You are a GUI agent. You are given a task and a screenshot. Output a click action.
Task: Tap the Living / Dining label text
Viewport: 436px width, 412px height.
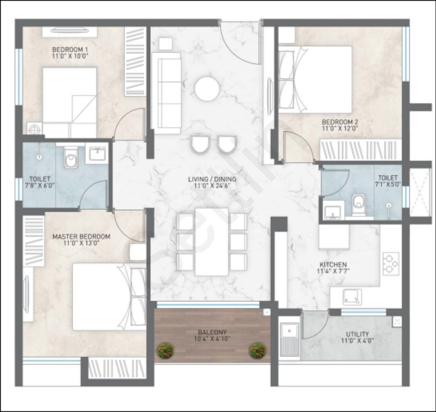coord(212,179)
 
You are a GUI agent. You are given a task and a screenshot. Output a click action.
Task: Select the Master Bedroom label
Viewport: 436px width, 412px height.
coord(81,236)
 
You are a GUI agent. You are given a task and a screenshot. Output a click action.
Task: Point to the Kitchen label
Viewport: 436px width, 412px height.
coord(333,264)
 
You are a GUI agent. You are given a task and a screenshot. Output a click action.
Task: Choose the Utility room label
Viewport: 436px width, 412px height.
coord(357,334)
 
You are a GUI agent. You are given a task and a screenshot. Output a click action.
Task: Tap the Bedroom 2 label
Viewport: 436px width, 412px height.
coord(340,122)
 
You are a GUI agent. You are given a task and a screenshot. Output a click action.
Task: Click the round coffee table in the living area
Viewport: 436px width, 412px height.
coord(207,89)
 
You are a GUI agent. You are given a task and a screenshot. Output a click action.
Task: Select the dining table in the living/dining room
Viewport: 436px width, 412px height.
coord(212,242)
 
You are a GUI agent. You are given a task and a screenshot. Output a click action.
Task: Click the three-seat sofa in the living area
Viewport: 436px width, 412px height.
coord(169,93)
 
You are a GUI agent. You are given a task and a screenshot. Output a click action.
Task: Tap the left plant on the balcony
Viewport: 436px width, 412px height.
coord(165,350)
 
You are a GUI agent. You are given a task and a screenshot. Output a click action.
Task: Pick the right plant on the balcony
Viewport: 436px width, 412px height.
coord(258,350)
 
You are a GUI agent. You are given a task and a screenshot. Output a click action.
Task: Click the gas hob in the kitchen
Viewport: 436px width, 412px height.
coord(391,264)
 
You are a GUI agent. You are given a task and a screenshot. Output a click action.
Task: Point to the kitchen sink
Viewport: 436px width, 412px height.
coord(352,297)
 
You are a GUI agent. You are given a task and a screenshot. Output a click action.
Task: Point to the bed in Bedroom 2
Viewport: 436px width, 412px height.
coord(315,79)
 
